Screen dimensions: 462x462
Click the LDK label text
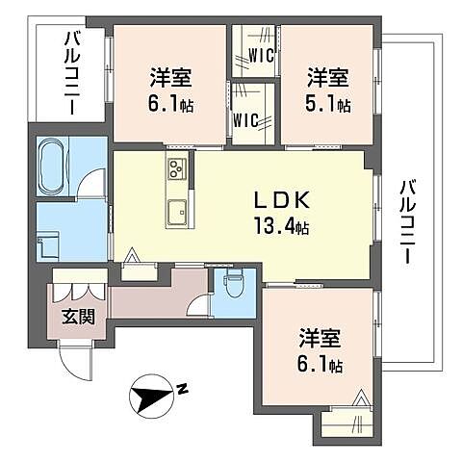[281, 202]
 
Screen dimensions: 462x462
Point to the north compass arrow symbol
[149, 393]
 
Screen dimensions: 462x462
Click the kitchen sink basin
[177, 211]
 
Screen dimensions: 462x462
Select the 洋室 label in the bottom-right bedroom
[321, 339]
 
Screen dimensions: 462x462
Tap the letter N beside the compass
[181, 389]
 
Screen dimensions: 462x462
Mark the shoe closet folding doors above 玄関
[79, 289]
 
